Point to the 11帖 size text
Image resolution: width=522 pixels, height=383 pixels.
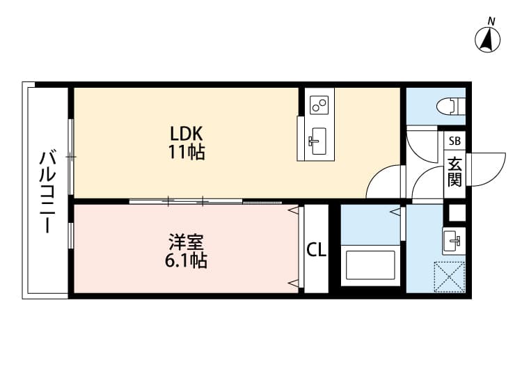coord(186,153)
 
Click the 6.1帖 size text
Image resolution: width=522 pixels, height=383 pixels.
coord(186,262)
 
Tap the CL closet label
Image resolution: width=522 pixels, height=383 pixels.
coord(317,249)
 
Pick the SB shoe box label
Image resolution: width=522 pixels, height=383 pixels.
coord(454,141)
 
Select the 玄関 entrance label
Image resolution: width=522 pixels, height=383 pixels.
coord(454,171)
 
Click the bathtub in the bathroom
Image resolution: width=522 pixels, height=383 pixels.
coord(372,265)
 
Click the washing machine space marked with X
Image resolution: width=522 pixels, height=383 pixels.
coord(449,276)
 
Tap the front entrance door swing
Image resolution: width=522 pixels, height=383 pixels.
coord(487,169)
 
